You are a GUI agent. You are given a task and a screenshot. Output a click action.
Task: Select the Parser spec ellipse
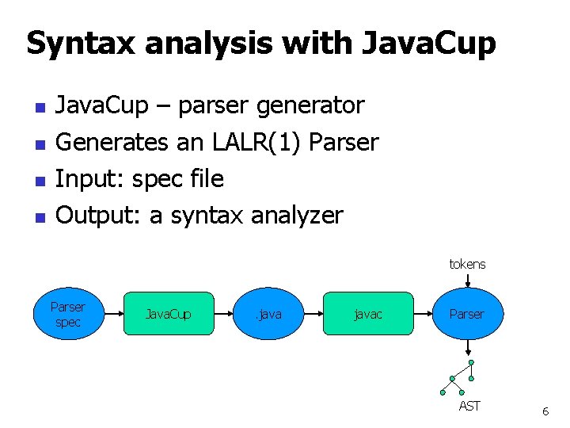coord(68,314)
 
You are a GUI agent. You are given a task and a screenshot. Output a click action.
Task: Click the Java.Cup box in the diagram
coord(168,314)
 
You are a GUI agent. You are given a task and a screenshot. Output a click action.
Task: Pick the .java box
coord(269,314)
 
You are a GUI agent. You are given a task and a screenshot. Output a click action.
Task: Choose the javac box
coord(368,314)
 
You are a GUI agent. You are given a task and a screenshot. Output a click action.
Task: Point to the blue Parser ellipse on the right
coord(467,314)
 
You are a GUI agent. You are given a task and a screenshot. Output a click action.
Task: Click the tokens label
coord(467,264)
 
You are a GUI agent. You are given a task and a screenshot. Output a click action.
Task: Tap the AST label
coord(469,406)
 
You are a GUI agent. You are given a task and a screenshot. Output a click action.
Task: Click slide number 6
coord(545,411)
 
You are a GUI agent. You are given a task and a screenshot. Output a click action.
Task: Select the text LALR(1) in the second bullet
coord(256,142)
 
